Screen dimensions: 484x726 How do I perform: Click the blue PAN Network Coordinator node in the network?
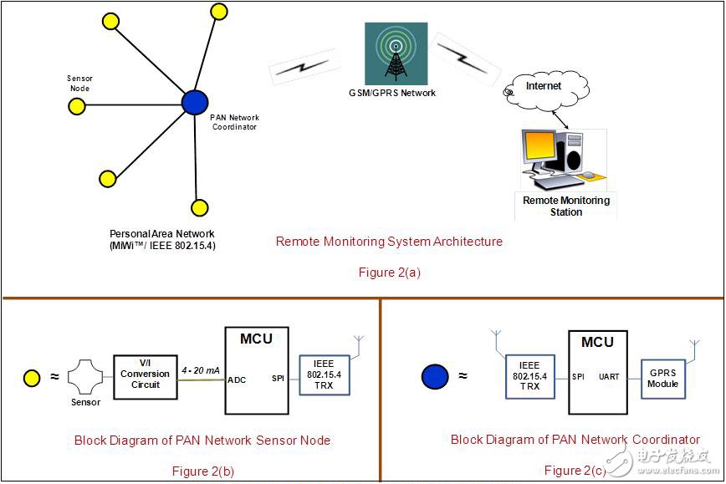195,103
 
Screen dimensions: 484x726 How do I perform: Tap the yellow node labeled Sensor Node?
76,106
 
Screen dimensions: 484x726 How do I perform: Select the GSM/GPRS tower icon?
396,54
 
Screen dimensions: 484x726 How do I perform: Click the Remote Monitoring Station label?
566,206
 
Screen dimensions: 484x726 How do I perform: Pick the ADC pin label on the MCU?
237,379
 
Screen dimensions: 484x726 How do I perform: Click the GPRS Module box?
663,378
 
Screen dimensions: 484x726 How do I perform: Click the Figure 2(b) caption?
203,471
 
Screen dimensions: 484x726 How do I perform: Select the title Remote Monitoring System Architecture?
389,242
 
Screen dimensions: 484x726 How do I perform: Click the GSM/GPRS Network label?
393,93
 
